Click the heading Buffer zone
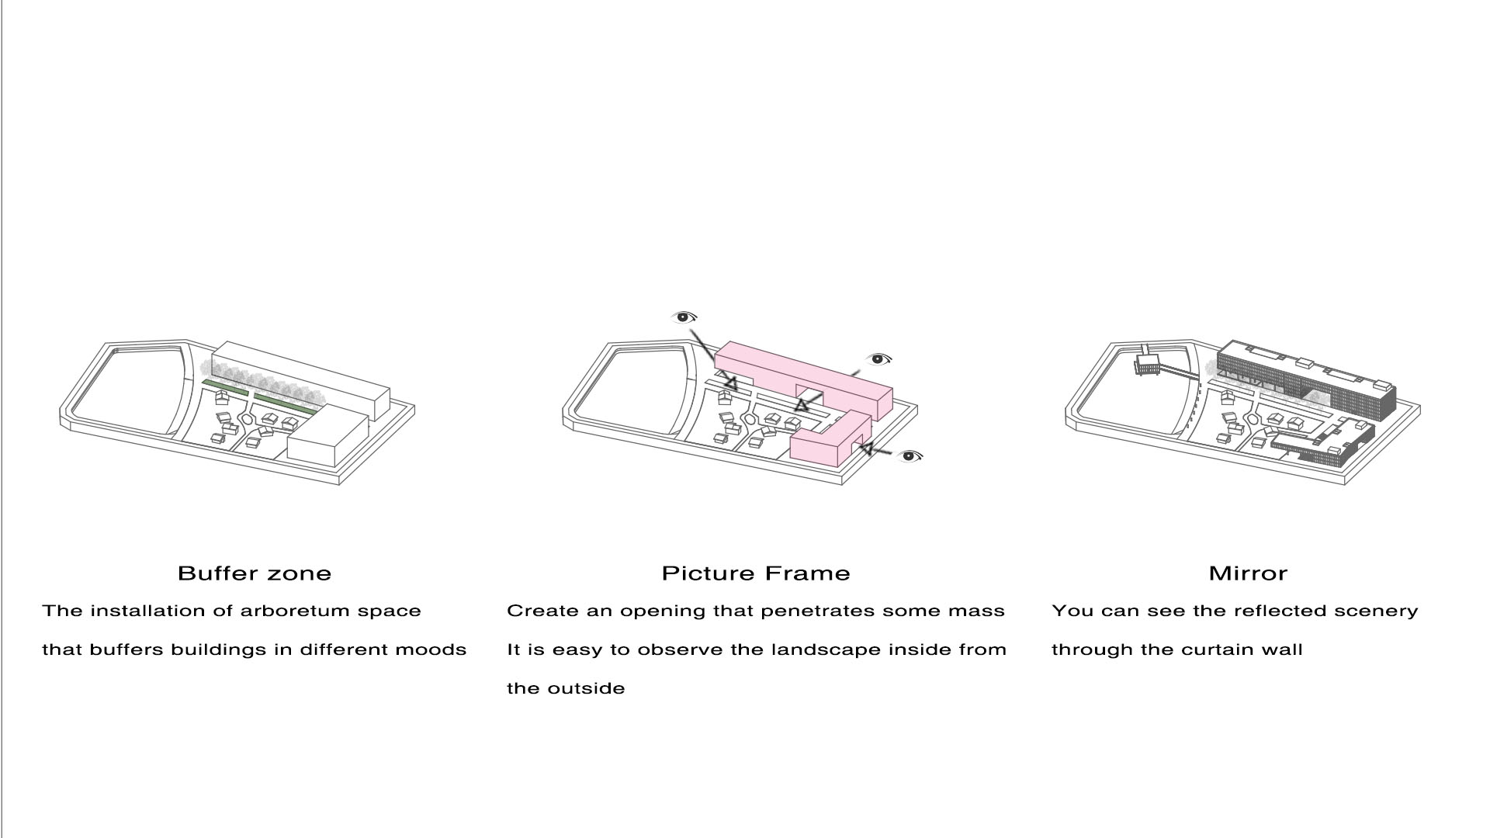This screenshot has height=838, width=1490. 255,573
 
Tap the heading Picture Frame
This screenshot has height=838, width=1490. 756,573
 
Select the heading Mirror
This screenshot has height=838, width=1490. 1248,573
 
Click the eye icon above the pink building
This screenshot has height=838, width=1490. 684,317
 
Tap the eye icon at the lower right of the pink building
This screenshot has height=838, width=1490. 910,455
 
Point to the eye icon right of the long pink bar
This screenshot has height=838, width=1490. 878,359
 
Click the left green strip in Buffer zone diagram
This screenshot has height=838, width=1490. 225,387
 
